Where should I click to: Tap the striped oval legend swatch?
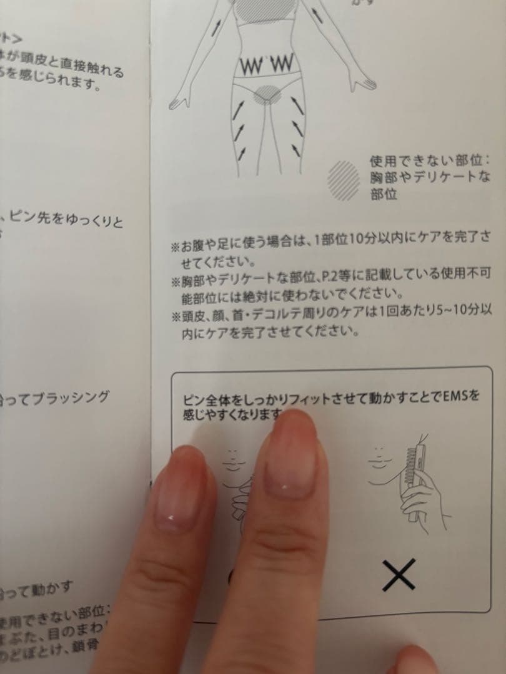tap(344, 179)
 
